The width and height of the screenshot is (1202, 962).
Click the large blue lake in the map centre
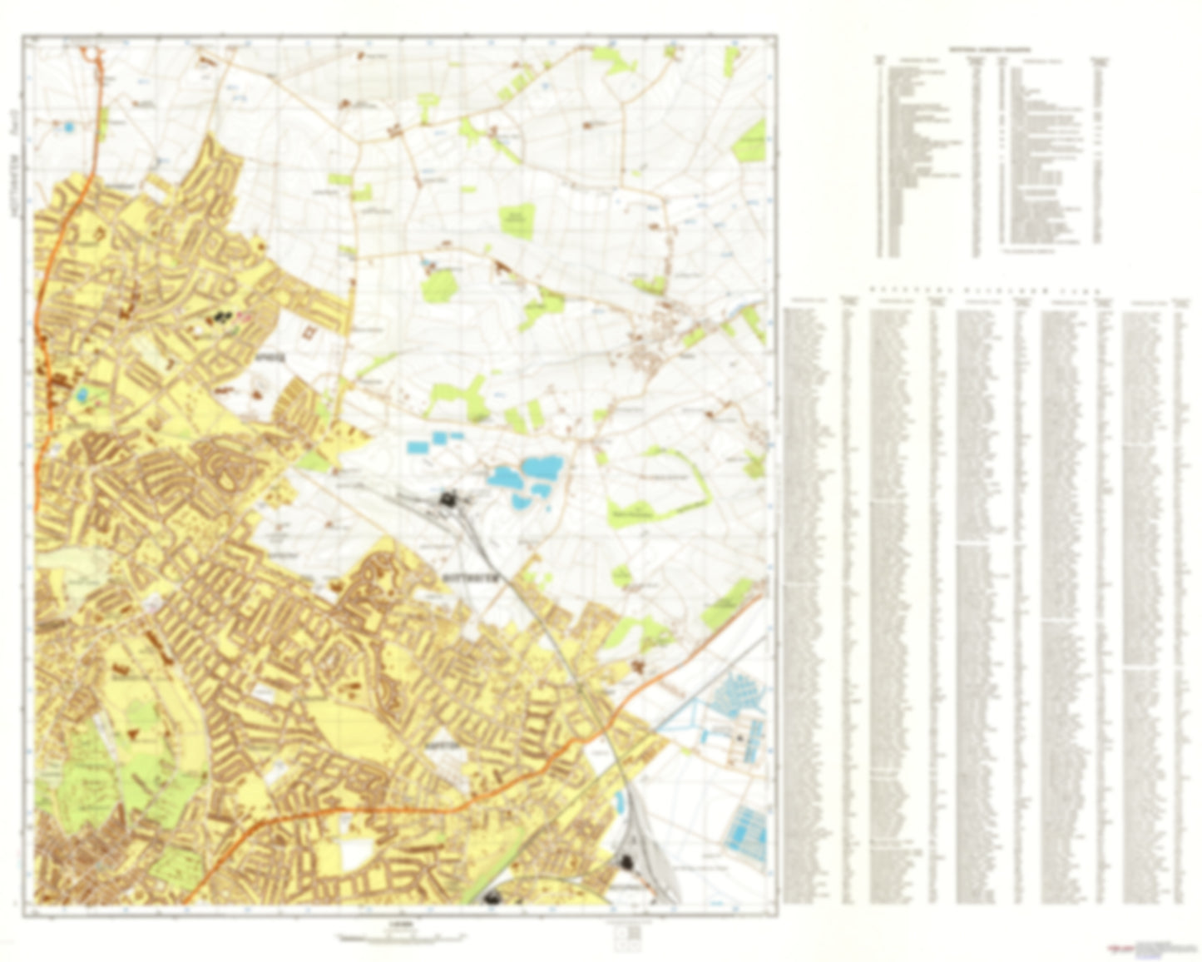click(524, 476)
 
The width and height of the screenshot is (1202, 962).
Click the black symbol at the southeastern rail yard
click(626, 862)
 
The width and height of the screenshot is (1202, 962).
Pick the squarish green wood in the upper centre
click(517, 221)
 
